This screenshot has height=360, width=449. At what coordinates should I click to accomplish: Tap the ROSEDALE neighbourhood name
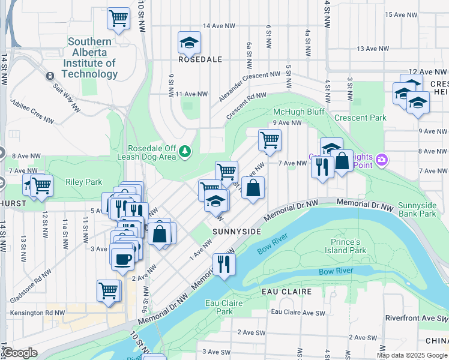pos(200,59)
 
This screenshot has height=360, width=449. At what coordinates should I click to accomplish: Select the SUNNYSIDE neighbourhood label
pos(237,231)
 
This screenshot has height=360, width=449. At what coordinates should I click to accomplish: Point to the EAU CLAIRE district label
pos(286,292)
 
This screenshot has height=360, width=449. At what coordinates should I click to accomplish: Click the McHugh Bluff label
pos(298,112)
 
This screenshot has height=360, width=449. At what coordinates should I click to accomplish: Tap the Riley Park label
pos(84,182)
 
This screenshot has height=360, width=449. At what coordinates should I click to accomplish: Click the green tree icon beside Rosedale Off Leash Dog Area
pos(186,149)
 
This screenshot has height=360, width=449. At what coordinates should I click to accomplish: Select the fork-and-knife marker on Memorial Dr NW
pos(224,263)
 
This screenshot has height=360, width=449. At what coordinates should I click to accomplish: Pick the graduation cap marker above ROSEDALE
pos(189,43)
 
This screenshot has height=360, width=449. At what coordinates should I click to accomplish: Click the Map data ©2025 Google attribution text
pos(412,355)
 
